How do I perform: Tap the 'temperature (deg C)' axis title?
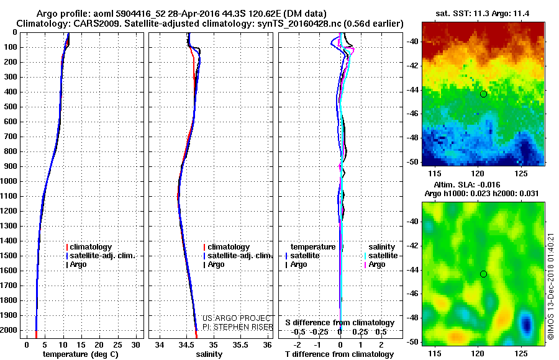pos(80,354)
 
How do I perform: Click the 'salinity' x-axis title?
pos(209,354)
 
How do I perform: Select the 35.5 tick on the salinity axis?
pos(240,344)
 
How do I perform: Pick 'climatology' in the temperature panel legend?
pos(91,247)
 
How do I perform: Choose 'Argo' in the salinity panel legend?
pos(216,264)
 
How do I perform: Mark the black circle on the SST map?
pos(483,94)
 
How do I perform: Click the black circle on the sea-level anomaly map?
pos(483,274)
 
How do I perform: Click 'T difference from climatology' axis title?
pos(340,354)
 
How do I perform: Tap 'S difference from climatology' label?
pos(340,323)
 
